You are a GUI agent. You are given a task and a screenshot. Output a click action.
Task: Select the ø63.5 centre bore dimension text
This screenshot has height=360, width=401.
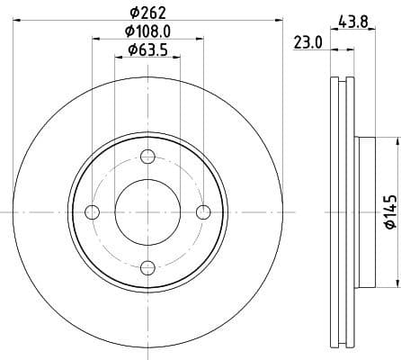point(149,49)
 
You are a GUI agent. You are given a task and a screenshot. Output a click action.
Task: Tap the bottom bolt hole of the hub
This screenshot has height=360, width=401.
point(148,266)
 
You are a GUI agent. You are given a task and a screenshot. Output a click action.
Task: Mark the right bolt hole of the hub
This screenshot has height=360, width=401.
point(203,212)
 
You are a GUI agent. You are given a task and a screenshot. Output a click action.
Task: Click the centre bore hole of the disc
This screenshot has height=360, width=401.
point(148,212)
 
